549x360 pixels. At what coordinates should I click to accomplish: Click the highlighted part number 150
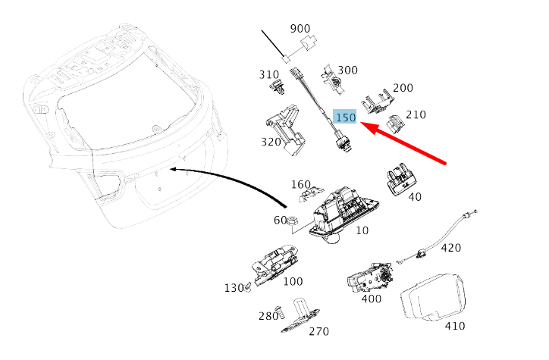(345, 117)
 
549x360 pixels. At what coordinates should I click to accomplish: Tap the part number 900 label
(300, 29)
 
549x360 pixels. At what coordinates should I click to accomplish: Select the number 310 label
(269, 74)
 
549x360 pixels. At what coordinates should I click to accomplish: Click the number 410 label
(455, 326)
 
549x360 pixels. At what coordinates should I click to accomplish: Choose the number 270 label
(318, 331)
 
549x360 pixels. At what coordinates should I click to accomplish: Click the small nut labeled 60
(293, 221)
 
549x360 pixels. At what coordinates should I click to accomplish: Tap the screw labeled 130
(248, 287)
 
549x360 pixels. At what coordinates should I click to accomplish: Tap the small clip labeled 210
(395, 124)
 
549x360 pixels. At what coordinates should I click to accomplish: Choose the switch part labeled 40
(400, 179)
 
